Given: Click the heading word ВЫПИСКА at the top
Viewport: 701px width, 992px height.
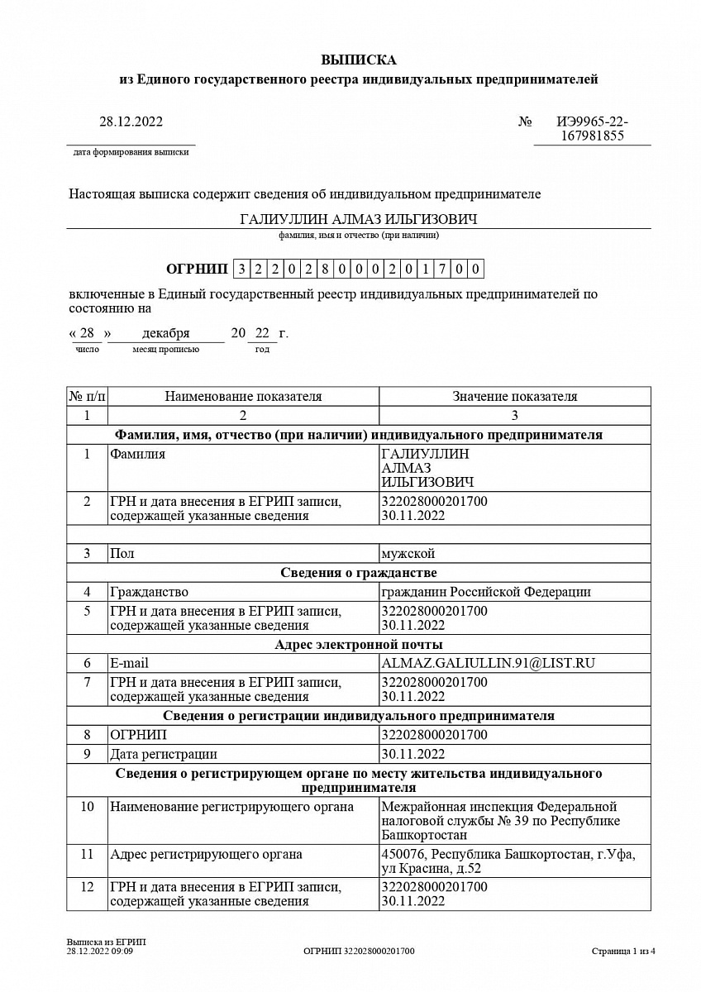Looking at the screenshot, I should (358, 60).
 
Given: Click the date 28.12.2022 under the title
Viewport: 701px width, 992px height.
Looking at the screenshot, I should (131, 122).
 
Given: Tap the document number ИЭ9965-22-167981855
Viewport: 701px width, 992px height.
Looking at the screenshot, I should (591, 129).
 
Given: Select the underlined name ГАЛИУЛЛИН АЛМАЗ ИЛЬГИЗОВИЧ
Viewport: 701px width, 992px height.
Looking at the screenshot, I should (358, 219).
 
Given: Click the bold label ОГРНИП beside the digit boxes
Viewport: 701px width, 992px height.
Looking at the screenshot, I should (196, 269).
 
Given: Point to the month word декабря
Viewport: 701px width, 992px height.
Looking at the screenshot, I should (165, 333).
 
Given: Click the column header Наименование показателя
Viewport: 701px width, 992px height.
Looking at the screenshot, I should (243, 397).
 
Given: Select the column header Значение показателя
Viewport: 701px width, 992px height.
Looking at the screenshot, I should (514, 397).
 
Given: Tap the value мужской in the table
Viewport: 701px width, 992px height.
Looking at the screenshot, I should (408, 553).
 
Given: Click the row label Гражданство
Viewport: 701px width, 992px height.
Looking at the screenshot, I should (149, 592).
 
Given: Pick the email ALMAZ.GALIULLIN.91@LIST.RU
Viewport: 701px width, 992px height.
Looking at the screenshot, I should (489, 663).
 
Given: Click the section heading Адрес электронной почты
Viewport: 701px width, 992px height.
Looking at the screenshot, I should (358, 645).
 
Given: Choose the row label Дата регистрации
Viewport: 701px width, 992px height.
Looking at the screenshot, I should (164, 754).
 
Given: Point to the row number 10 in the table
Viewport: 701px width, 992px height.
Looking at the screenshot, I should (87, 807).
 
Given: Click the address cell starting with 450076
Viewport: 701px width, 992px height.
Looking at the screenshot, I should (508, 861).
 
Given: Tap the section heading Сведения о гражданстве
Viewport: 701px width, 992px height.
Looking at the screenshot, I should (358, 573).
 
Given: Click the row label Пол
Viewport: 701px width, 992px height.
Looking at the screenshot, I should (122, 553).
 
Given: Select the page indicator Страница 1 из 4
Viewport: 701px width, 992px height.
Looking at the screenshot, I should (623, 951).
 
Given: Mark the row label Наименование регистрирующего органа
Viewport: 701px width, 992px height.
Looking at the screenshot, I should (231, 807).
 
